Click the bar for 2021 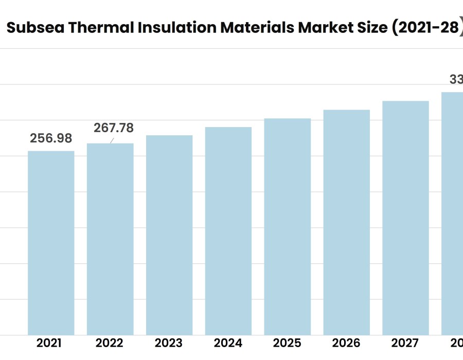point(51,243)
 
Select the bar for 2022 point(110,239)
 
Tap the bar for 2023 point(169,235)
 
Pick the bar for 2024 point(228,231)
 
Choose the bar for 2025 point(288,227)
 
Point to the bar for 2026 point(347,222)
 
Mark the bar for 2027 point(405,218)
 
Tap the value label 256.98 point(51,138)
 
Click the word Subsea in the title point(35,28)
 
